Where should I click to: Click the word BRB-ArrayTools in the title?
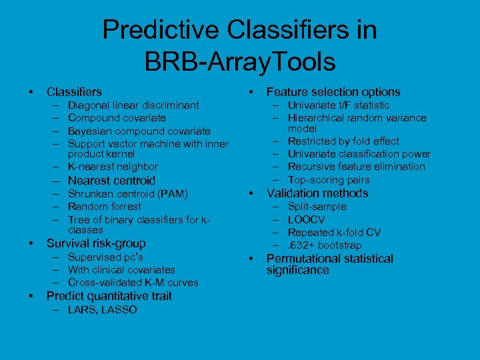[239, 62]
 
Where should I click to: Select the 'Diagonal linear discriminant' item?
[133, 105]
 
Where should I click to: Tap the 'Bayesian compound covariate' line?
[139, 131]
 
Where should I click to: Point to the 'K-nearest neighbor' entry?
[113, 167]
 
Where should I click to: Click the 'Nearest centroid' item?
[111, 181]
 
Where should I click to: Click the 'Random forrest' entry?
[105, 207]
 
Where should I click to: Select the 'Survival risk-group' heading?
[95, 243]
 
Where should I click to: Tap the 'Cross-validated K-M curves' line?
[133, 283]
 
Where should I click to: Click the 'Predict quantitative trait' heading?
[109, 296]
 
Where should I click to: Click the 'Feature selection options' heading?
[333, 92]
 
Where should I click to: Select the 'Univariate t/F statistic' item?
[338, 105]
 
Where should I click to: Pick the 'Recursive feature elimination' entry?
[356, 167]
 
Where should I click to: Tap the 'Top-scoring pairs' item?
[328, 180]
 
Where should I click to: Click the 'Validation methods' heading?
[317, 193]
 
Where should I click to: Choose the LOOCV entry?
[306, 219]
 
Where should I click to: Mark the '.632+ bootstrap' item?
[325, 245]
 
